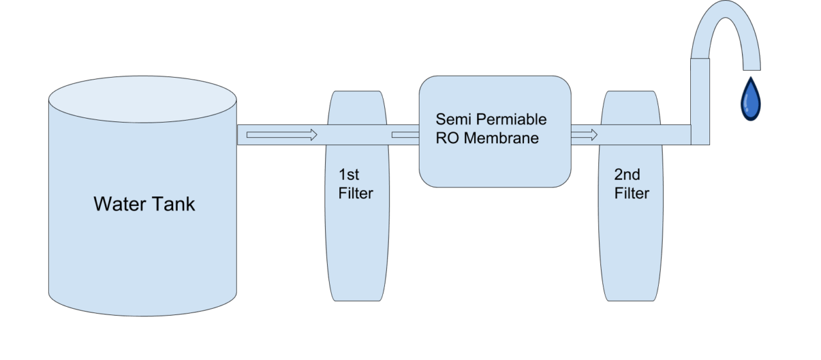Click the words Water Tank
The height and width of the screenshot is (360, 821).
[x=144, y=204]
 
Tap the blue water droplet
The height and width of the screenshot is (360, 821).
[x=750, y=100]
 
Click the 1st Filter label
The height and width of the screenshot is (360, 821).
[x=356, y=184]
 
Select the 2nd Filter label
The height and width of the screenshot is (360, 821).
[x=632, y=184]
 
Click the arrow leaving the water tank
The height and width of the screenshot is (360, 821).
[x=282, y=135]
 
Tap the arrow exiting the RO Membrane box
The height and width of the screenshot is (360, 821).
[x=584, y=135]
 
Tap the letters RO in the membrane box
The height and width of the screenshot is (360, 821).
[x=448, y=137]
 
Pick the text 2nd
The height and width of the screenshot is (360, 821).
[x=627, y=175]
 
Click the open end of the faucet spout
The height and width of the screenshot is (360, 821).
[x=751, y=67]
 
